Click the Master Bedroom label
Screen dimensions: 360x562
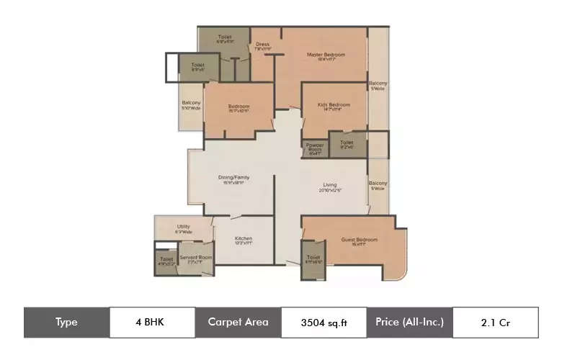(x=326, y=55)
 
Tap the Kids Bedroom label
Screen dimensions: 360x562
(x=334, y=105)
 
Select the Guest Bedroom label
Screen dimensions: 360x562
(x=359, y=240)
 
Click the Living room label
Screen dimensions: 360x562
(x=330, y=186)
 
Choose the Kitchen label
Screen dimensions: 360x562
(x=243, y=240)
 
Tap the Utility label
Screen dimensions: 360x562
(x=184, y=228)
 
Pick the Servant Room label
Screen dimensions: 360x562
(x=196, y=257)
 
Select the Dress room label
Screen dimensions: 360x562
(x=262, y=45)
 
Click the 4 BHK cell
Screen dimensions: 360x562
(x=151, y=322)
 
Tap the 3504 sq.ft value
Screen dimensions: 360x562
(x=324, y=323)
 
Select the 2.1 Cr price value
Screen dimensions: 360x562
(x=495, y=323)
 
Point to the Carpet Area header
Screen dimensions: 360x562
(x=238, y=322)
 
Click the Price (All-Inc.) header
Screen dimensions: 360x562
(x=409, y=322)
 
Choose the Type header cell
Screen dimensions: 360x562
(x=66, y=322)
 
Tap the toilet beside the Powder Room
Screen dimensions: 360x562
(x=347, y=144)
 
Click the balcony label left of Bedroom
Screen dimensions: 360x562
(x=191, y=105)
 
